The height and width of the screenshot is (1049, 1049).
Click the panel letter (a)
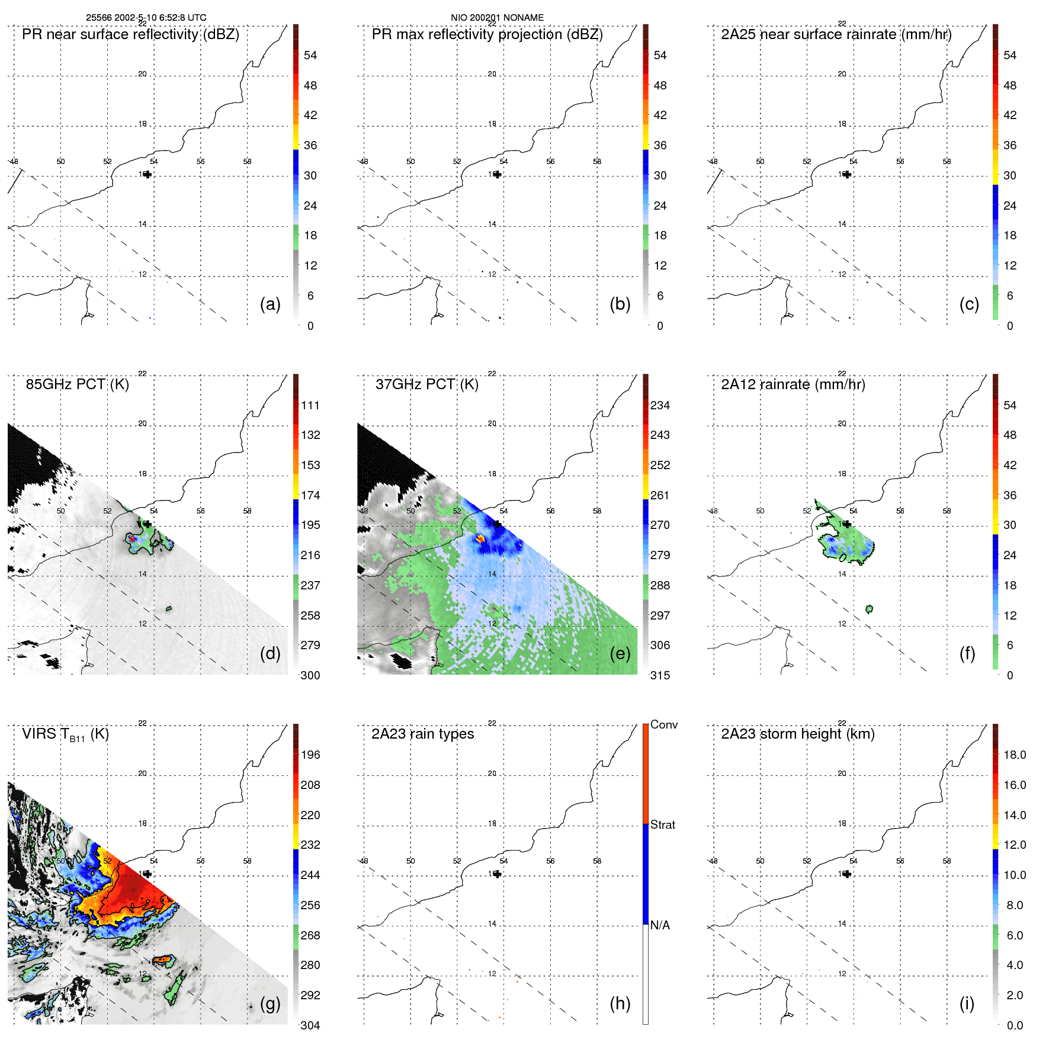tap(270, 304)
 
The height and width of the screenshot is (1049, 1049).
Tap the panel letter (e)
tap(620, 653)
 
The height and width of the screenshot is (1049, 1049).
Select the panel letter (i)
tap(967, 1003)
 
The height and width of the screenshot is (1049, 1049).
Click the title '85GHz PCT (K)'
tap(77, 384)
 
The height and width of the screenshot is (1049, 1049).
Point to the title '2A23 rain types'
tap(422, 734)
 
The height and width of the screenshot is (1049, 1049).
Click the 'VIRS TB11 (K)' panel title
tap(65, 734)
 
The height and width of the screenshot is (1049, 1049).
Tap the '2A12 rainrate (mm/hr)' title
tap(793, 384)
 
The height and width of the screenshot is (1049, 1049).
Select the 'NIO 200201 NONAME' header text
tap(497, 18)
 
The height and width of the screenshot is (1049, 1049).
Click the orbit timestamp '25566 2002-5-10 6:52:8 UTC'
tap(146, 18)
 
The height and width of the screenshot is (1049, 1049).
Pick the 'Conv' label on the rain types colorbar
tap(663, 724)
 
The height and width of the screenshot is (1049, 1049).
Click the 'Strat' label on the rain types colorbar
tap(663, 825)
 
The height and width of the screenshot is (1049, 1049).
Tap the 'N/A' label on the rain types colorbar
tap(660, 925)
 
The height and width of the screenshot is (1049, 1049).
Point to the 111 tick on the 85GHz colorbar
tap(310, 405)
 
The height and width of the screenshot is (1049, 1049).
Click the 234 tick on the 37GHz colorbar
tap(660, 405)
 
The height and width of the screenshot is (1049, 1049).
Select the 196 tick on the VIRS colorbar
tap(310, 755)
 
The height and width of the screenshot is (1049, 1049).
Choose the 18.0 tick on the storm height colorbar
tap(1014, 755)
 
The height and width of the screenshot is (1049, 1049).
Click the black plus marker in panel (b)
tap(498, 174)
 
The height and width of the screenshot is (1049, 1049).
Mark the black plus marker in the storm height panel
tap(847, 874)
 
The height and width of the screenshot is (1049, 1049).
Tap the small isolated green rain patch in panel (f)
tap(869, 608)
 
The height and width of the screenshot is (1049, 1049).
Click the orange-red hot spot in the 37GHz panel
tap(480, 538)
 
